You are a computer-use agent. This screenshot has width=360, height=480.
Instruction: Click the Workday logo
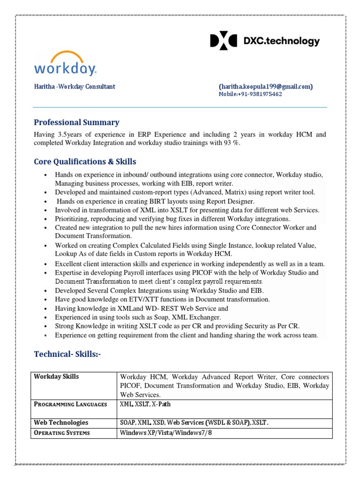(65, 64)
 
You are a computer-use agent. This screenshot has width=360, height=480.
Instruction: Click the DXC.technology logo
(264, 41)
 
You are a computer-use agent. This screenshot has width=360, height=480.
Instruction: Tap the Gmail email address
(265, 87)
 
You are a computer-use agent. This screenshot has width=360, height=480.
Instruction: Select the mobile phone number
(250, 94)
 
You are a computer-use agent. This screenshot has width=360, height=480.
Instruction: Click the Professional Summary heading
(76, 122)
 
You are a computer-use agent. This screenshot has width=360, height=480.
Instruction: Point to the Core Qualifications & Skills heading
(85, 162)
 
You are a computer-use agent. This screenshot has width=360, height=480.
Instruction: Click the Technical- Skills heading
(67, 354)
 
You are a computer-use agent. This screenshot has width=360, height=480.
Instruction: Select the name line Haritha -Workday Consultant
(75, 87)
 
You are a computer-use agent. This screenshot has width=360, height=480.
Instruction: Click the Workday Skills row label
(56, 377)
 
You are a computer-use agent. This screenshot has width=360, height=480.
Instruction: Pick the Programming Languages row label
(70, 404)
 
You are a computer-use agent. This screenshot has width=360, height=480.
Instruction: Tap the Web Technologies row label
(61, 422)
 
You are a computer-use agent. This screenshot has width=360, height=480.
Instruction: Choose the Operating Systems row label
(62, 433)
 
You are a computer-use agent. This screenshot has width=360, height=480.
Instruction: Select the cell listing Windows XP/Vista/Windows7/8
(166, 433)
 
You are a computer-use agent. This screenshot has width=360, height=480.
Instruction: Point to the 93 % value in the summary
(231, 143)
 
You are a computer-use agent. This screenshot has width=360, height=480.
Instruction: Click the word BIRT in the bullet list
(137, 201)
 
